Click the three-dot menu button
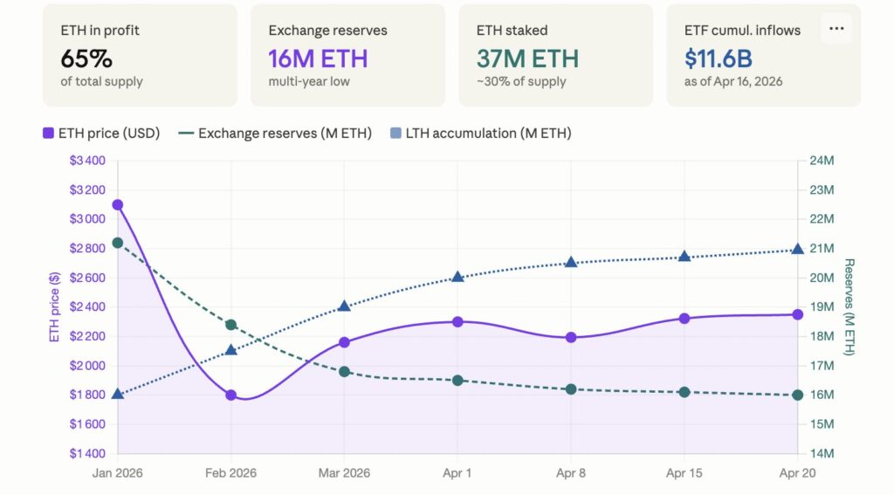(x=836, y=28)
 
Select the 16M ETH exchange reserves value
(x=318, y=58)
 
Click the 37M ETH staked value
(x=527, y=58)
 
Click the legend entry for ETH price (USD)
(x=100, y=134)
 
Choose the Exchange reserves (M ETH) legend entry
(x=274, y=134)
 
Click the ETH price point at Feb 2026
(x=231, y=395)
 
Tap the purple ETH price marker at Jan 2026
(x=118, y=204)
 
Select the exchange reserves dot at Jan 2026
(x=118, y=243)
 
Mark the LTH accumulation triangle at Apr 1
(x=457, y=277)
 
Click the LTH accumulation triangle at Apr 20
(x=798, y=250)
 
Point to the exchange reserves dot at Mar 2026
(x=344, y=371)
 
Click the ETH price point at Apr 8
(x=571, y=337)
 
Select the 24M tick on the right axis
(x=823, y=161)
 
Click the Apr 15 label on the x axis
(x=684, y=472)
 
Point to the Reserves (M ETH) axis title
(x=849, y=307)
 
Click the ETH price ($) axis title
(x=54, y=306)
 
